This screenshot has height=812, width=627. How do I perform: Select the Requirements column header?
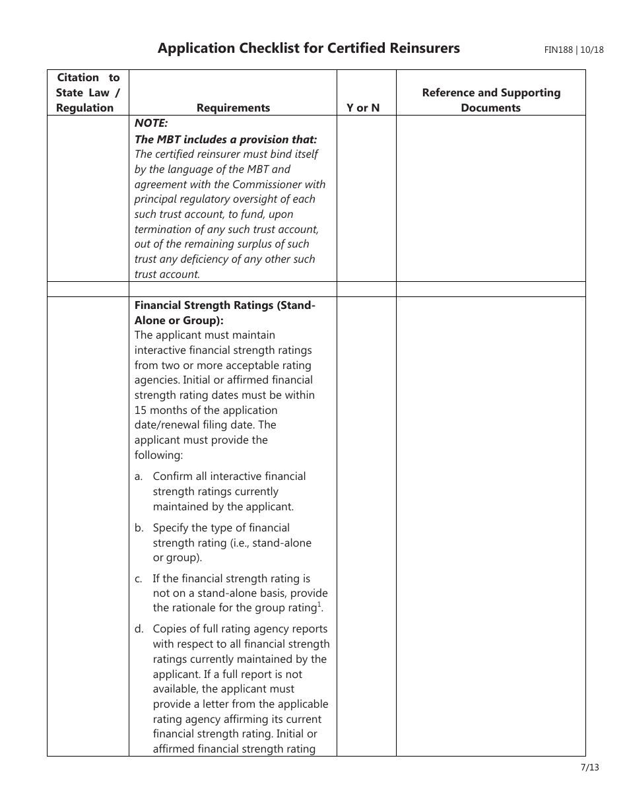233,108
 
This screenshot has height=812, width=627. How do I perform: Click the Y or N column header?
363,108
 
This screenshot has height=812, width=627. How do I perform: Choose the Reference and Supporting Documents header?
490,100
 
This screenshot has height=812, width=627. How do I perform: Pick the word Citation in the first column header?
78,77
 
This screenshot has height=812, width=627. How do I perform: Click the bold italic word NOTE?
151,123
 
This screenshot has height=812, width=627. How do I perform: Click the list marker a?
139,477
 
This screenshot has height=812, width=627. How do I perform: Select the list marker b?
139,528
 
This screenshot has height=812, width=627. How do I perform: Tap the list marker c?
139,579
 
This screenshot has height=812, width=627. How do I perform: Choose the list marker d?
139,629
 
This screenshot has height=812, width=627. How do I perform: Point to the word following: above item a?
158,455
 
